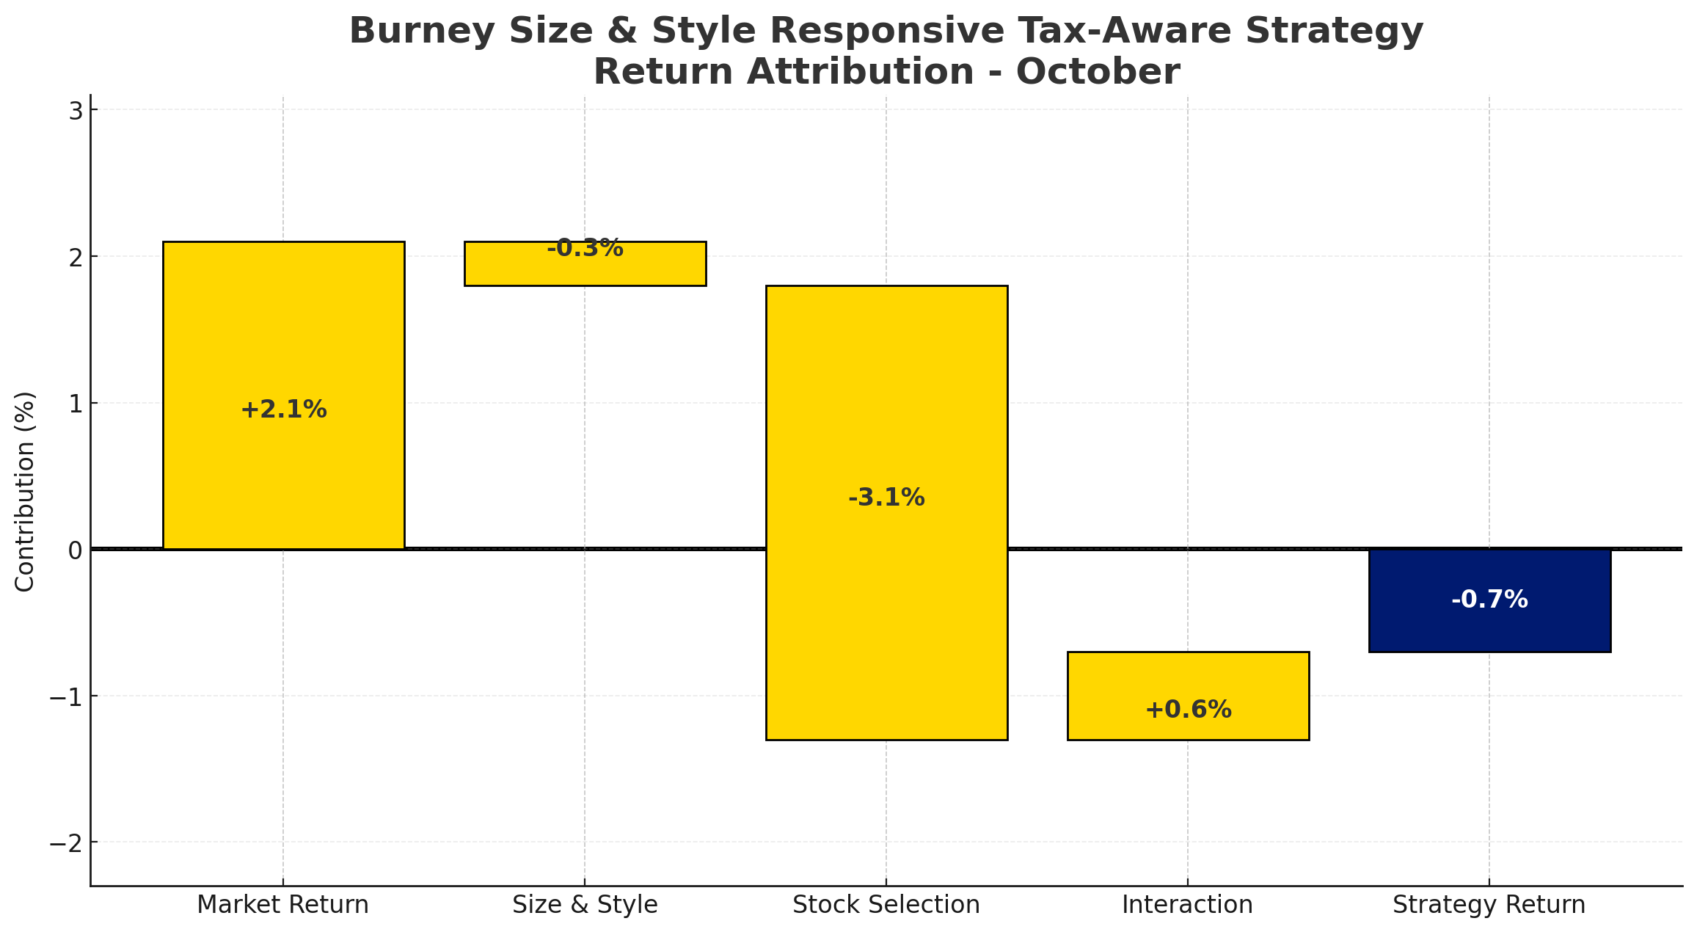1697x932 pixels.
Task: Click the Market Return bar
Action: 283,330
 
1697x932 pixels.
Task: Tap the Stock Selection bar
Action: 886,624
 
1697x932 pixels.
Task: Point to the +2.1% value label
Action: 283,409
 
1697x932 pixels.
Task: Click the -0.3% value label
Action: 585,249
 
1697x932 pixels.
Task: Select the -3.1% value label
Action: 886,498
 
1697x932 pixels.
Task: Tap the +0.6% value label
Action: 1188,710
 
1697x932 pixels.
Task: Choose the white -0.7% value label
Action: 1489,600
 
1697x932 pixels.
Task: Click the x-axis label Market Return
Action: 283,905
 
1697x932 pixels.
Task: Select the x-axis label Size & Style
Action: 585,905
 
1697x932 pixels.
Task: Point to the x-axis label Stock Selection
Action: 886,905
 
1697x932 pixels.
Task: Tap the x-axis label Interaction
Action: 1188,905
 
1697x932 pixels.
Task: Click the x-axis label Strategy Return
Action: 1489,905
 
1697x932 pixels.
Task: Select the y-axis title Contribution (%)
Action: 26,491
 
